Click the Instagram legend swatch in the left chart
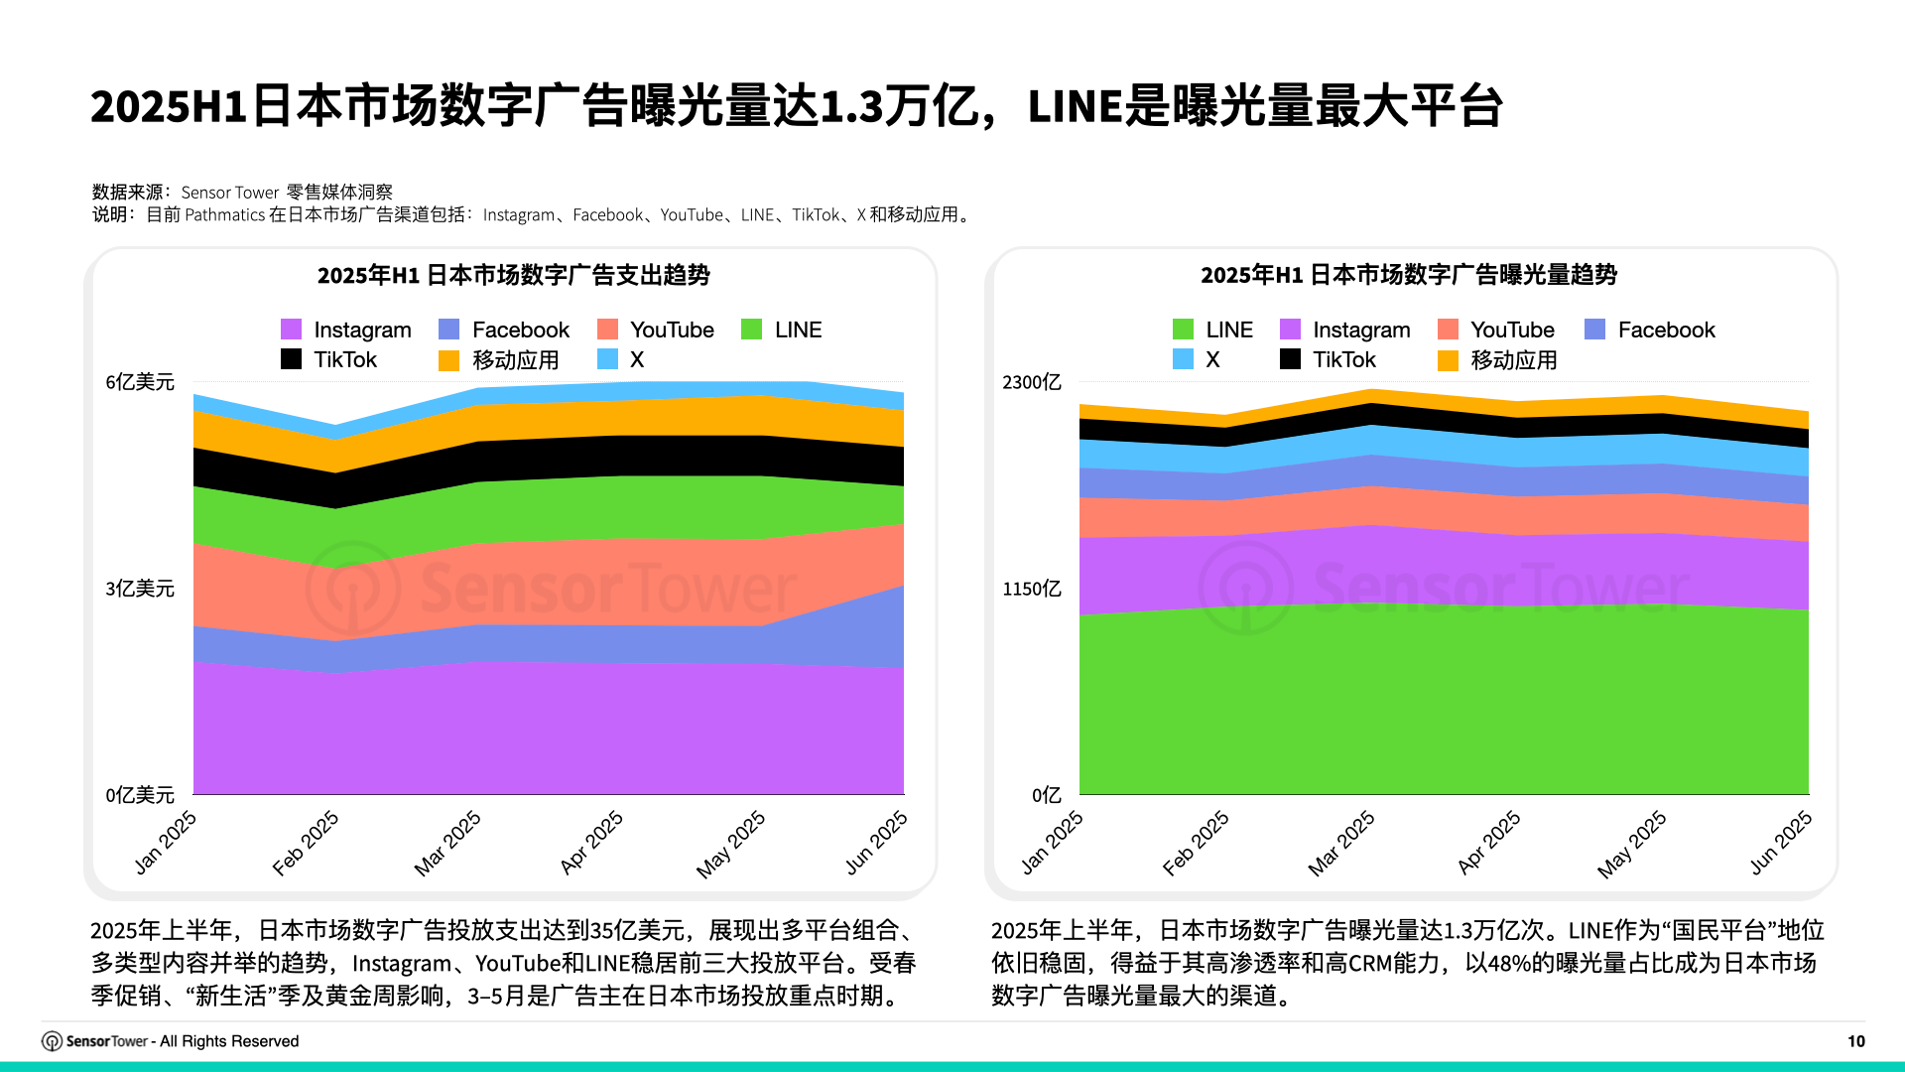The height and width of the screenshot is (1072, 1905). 291,330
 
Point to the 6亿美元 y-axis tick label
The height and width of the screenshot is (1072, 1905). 140,382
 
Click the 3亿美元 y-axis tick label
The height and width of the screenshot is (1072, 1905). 140,589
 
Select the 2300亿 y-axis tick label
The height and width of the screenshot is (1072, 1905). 1031,382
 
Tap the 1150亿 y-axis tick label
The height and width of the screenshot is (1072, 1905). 1031,589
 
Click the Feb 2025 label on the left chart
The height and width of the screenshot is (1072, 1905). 307,843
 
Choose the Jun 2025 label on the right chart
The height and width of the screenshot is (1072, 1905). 1781,843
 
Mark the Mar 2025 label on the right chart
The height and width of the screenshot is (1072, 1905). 1341,843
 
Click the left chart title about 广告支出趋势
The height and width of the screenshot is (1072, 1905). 513,275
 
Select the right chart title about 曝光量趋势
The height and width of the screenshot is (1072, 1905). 1408,275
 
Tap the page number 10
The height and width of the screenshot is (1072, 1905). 1855,1041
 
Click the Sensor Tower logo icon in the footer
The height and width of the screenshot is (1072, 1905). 52,1041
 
